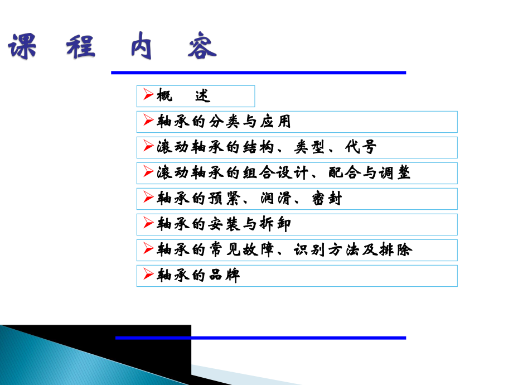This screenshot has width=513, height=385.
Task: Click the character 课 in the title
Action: click(x=22, y=47)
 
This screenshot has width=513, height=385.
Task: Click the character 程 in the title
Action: click(x=81, y=47)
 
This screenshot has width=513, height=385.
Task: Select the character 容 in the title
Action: click(x=201, y=47)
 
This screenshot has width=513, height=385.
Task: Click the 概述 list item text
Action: click(x=184, y=96)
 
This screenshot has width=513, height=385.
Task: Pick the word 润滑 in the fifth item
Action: click(x=284, y=199)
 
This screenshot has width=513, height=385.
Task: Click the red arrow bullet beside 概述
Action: click(x=148, y=95)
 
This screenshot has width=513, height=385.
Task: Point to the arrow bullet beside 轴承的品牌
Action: click(x=148, y=275)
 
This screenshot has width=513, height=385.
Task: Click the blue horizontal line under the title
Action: click(x=258, y=73)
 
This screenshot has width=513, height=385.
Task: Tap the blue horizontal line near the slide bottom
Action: click(x=260, y=338)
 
